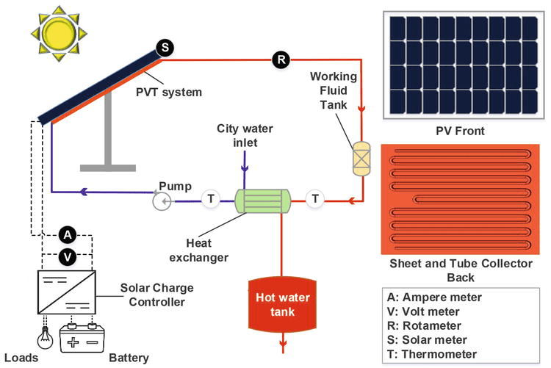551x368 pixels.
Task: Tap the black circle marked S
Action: tap(165, 48)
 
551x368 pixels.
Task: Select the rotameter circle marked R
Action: tap(280, 59)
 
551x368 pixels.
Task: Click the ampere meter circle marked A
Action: tap(68, 235)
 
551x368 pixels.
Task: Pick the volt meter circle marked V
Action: tap(68, 256)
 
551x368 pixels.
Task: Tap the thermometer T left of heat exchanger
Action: tap(211, 199)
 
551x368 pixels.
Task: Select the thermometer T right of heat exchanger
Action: tap(315, 198)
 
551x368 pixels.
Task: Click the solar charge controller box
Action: tap(66, 292)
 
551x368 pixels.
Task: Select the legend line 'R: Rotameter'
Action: tap(424, 325)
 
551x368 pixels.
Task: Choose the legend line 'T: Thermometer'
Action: tap(432, 353)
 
